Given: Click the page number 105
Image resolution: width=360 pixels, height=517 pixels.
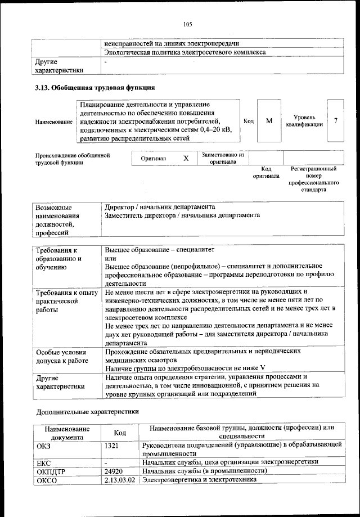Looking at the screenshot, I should tap(188, 24).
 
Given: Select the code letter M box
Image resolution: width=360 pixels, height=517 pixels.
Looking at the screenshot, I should tap(269, 121).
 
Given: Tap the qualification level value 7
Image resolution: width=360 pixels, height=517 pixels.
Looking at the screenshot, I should tap(336, 121).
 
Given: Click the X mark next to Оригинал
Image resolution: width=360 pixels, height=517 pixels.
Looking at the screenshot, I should tap(186, 159).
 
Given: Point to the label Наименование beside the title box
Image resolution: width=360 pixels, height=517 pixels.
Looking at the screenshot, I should tap(53, 122).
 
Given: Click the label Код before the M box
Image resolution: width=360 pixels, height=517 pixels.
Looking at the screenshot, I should tap(248, 121).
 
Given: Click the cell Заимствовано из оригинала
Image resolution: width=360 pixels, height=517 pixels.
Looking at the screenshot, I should tap(222, 158).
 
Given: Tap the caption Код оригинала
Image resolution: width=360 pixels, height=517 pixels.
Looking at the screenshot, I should tap(266, 172).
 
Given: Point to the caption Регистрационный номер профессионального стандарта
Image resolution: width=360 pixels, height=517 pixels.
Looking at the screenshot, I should tap(313, 179).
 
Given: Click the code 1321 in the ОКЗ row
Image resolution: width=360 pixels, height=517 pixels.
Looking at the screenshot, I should tap(112, 445).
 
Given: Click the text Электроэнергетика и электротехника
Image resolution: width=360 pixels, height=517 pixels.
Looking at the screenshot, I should tap(200, 480).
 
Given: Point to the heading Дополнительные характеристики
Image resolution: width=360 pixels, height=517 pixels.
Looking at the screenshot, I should tap(87, 411).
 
